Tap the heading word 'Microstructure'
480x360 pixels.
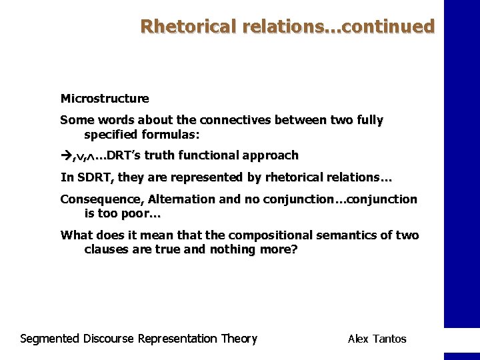click(x=105, y=99)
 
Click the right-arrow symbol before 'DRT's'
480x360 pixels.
click(x=66, y=155)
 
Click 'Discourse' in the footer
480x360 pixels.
click(x=109, y=339)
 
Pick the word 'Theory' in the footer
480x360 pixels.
click(x=239, y=339)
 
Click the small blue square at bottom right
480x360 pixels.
click(x=461, y=356)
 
